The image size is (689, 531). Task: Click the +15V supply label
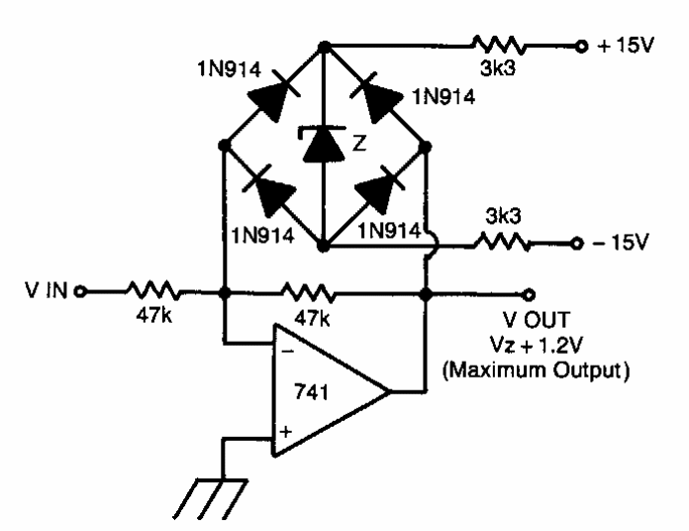pyautogui.click(x=622, y=45)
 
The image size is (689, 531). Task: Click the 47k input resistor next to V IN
pyautogui.click(x=151, y=292)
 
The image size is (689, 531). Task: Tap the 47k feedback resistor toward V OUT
pyautogui.click(x=309, y=292)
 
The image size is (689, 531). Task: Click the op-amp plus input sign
pyautogui.click(x=287, y=431)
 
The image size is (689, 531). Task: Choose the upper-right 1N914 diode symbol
pyautogui.click(x=376, y=93)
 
